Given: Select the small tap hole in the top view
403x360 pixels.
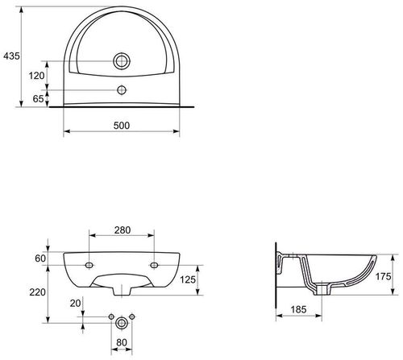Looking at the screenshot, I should pyautogui.click(x=123, y=89).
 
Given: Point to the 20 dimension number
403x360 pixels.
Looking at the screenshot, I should pyautogui.click(x=76, y=303).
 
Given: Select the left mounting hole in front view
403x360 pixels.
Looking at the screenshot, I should pyautogui.click(x=89, y=263).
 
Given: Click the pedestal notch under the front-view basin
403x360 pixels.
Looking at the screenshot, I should pyautogui.click(x=121, y=285).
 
